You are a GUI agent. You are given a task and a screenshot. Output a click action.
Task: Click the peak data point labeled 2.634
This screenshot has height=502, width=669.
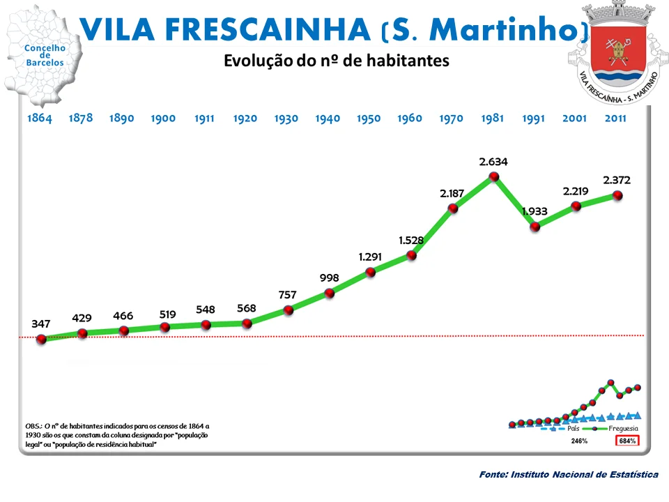(x=494, y=177)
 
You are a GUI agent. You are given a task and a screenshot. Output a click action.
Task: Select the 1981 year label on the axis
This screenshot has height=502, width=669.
(x=492, y=118)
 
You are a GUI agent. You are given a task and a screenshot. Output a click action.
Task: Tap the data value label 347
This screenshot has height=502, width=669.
(x=41, y=324)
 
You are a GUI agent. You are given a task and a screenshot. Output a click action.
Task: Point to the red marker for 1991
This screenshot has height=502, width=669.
(x=535, y=227)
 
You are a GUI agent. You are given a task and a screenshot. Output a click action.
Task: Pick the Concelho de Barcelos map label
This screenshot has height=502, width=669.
(x=45, y=56)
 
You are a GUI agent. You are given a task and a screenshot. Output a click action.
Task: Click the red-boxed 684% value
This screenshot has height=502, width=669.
(x=627, y=441)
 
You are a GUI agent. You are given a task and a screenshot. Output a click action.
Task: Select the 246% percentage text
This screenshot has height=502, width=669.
(x=579, y=441)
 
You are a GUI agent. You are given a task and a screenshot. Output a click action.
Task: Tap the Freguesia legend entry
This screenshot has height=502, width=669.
(x=623, y=429)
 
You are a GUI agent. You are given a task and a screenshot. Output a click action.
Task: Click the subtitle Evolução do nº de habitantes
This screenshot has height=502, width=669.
(x=336, y=61)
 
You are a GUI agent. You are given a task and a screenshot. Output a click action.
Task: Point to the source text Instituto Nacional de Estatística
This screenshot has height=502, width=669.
(x=569, y=474)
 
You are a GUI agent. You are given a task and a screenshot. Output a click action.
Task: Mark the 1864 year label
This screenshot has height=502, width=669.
(x=40, y=118)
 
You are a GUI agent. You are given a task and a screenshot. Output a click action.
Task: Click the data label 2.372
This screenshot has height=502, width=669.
(x=618, y=180)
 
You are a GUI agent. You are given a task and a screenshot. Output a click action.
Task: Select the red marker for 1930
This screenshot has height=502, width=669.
(x=289, y=310)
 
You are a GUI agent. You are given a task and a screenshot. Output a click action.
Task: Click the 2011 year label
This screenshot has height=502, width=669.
(x=615, y=118)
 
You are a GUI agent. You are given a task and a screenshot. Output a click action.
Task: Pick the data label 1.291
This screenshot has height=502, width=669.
(x=370, y=257)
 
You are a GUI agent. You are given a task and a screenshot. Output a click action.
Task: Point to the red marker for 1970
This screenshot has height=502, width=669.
(x=453, y=208)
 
